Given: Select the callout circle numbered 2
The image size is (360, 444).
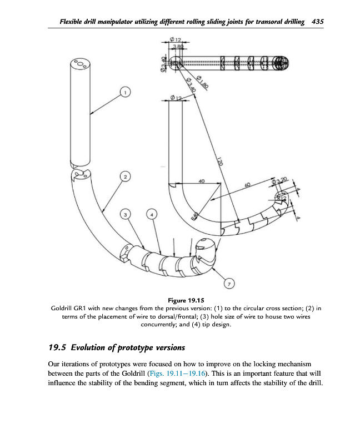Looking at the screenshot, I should [x=126, y=176].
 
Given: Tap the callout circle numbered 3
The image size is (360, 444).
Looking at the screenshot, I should [x=126, y=214].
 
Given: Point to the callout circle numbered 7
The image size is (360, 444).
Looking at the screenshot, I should [x=228, y=284].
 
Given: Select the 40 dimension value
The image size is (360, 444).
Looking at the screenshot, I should [x=201, y=181].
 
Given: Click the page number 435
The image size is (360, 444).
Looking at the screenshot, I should [x=318, y=22].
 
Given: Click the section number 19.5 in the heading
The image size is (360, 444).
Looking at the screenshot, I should [x=57, y=349].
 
